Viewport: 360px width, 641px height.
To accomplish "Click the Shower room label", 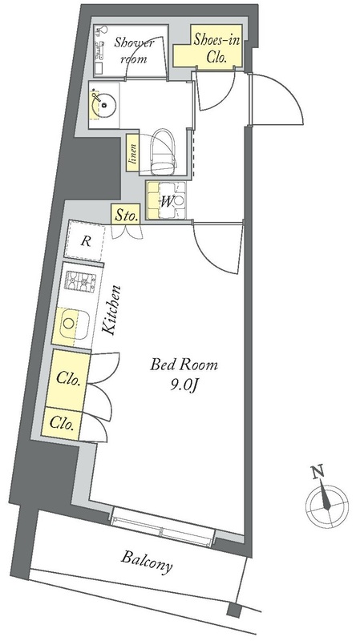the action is click(x=133, y=50).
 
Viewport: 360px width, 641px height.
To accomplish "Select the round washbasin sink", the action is click(x=105, y=105).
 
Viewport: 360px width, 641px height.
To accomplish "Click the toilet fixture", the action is click(x=164, y=151).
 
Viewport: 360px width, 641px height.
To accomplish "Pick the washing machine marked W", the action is click(x=167, y=200).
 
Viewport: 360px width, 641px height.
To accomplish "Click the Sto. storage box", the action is click(x=126, y=215).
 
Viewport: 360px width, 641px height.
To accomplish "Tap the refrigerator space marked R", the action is click(x=86, y=241).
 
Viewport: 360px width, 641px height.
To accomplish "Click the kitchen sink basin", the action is click(x=73, y=324).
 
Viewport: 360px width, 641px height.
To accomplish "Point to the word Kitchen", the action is click(x=111, y=310).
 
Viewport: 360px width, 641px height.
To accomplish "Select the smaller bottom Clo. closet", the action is click(x=62, y=424).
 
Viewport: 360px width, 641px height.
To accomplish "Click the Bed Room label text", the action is click(x=184, y=364).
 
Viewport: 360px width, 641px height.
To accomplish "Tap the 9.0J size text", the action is click(x=184, y=386).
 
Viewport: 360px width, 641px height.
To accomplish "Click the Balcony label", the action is click(x=147, y=562).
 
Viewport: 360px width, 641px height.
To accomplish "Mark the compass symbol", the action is click(x=327, y=504).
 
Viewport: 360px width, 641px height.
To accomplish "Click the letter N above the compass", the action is click(x=317, y=472).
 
